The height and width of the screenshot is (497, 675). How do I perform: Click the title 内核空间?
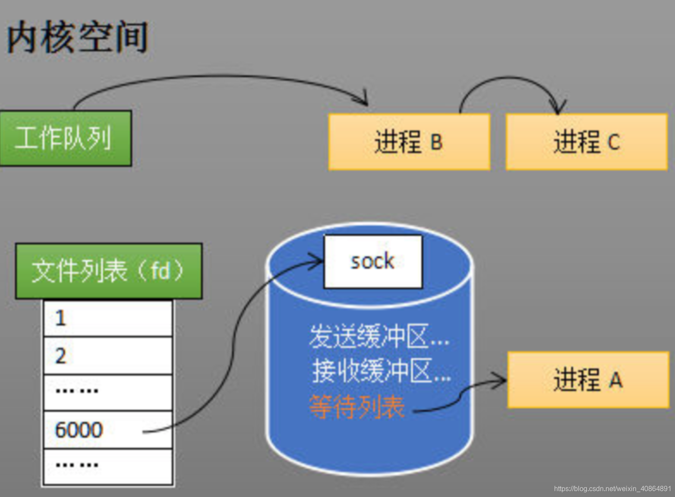tap(78, 38)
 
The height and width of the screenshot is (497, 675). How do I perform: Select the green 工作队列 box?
tap(65, 138)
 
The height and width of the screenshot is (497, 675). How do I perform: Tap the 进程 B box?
tap(409, 142)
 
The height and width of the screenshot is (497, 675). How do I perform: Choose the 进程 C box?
tap(586, 142)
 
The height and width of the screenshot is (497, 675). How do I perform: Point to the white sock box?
tap(372, 261)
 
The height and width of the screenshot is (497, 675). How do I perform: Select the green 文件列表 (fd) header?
tap(108, 271)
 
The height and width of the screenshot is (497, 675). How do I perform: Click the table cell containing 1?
tap(108, 319)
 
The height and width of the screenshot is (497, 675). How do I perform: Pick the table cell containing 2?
tap(108, 356)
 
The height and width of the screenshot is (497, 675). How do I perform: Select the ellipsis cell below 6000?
tap(108, 466)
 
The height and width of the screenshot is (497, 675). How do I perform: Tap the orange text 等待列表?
tap(357, 407)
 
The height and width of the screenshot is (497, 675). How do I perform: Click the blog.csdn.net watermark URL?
tap(612, 488)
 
